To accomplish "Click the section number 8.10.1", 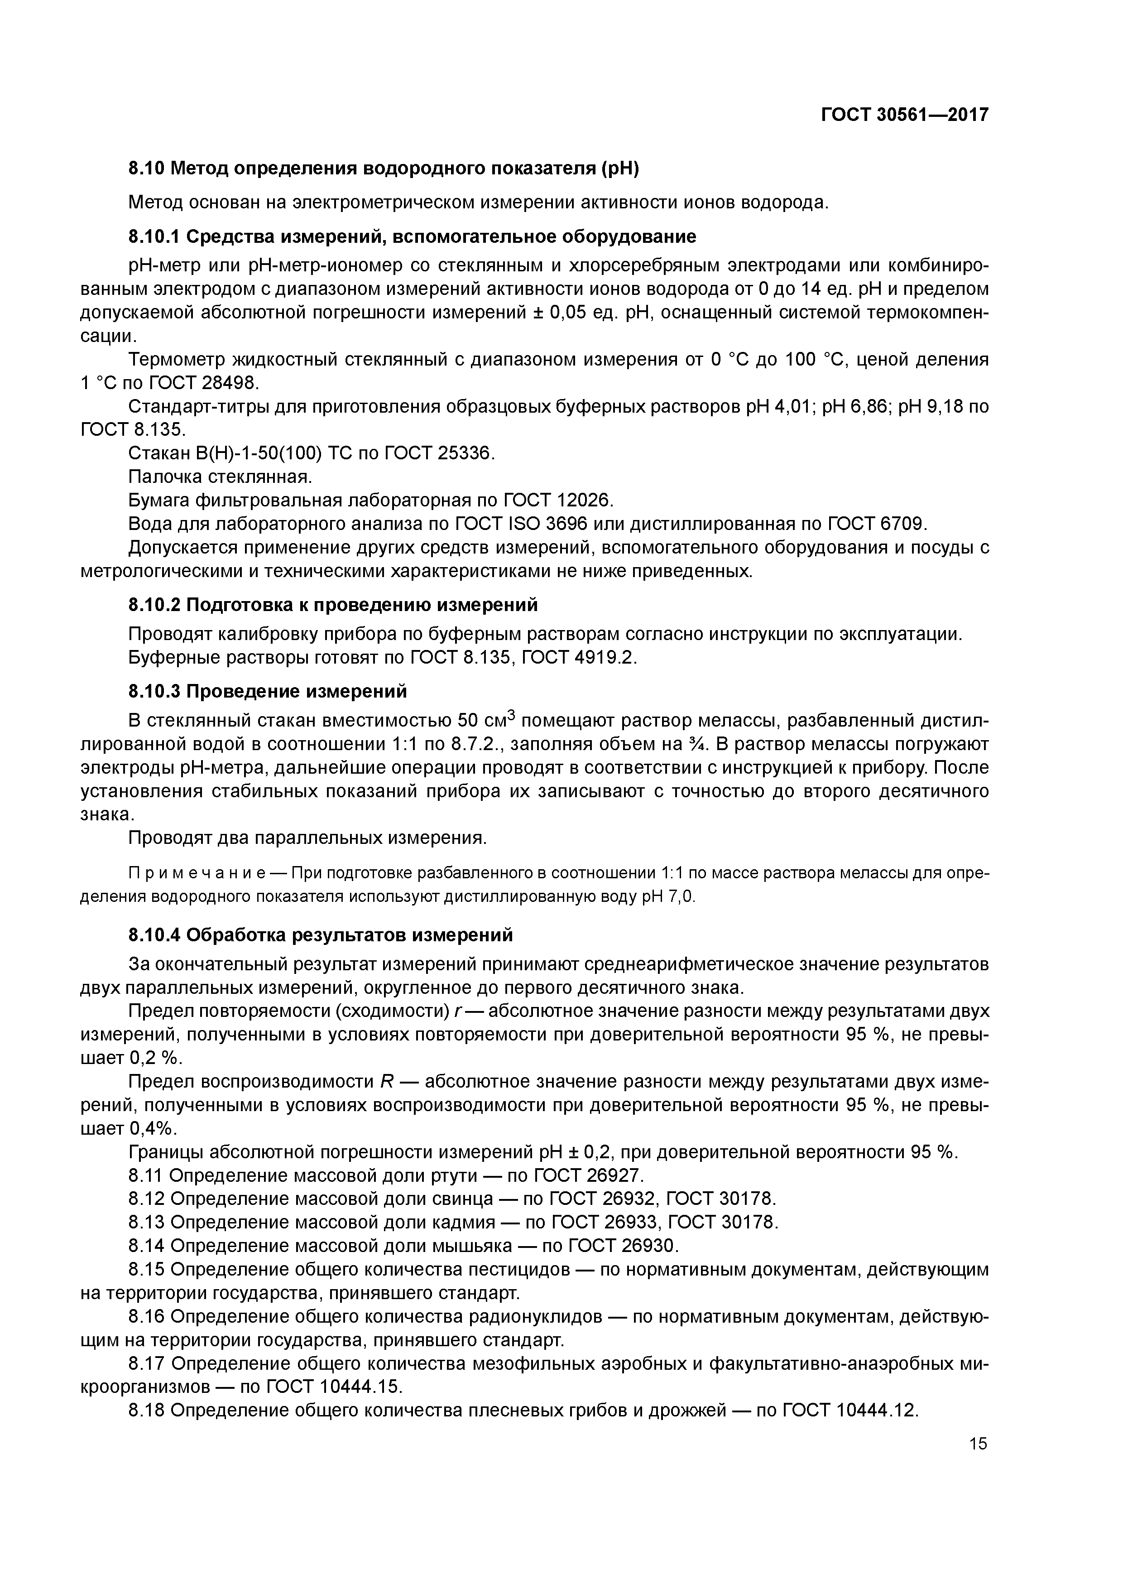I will click(154, 237).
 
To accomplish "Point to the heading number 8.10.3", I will click(154, 691).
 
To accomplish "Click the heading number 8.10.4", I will click(154, 935).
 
